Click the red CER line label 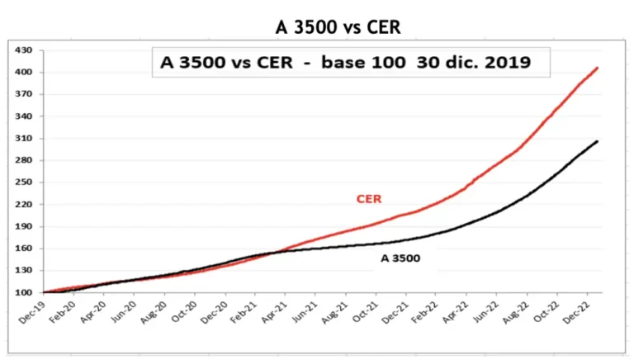[x=368, y=199]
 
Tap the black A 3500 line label [x=400, y=258]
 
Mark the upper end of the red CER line [x=597, y=68]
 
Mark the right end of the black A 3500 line [x=597, y=141]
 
